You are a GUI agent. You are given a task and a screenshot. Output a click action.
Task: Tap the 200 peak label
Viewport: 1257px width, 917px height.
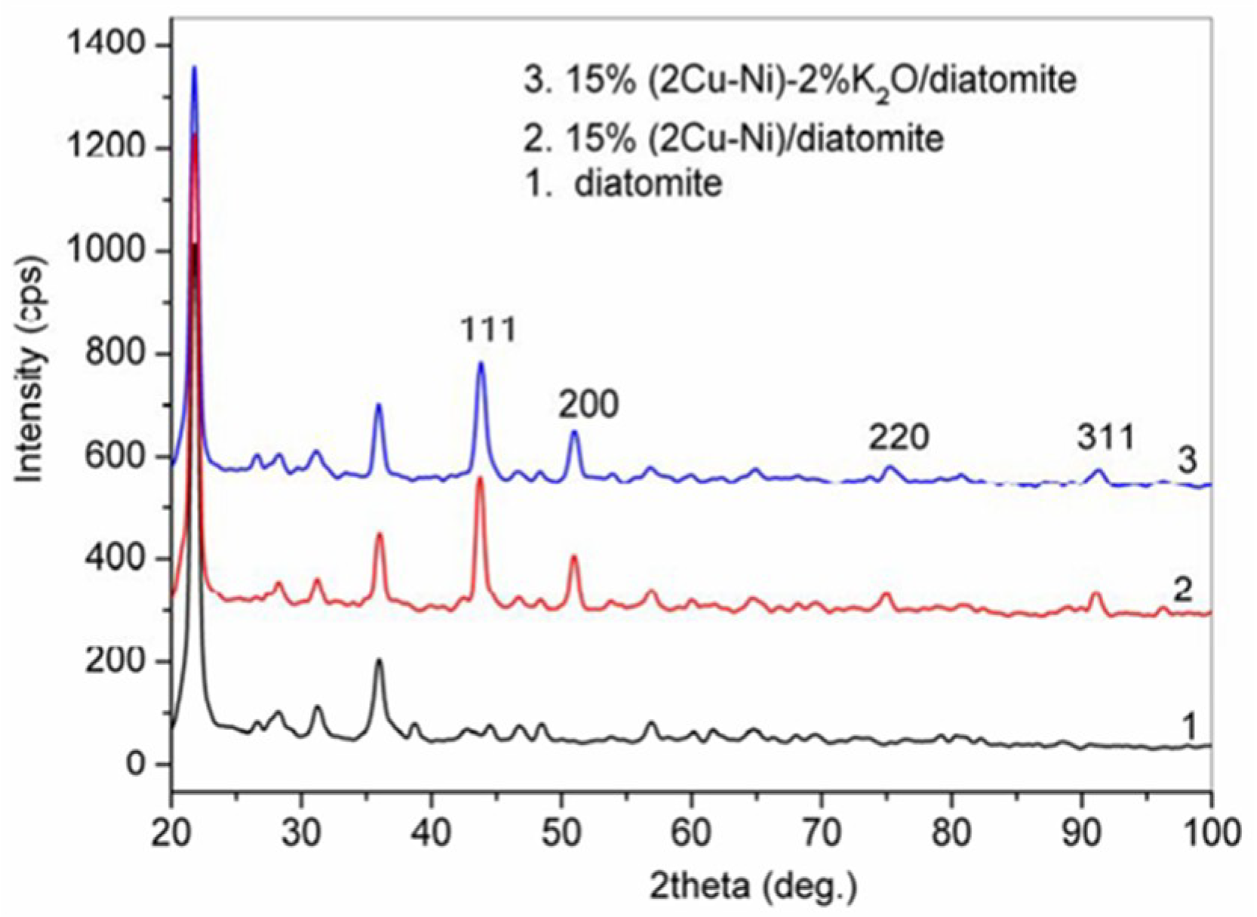tap(589, 405)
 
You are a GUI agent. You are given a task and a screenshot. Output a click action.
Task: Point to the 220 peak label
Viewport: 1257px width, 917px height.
tap(898, 437)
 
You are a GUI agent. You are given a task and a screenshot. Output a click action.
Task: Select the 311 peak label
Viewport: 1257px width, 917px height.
tap(1105, 437)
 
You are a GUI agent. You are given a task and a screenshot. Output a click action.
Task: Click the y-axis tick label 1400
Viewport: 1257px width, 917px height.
tap(106, 46)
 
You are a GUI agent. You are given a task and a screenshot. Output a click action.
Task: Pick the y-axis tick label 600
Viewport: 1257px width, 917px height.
tap(118, 457)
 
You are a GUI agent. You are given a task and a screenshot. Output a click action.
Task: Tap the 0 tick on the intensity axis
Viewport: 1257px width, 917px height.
tap(135, 764)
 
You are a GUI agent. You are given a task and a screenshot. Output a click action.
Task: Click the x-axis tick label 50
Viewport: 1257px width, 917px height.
tap(561, 833)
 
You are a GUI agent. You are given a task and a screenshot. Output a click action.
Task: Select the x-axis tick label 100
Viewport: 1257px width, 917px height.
tap(1210, 833)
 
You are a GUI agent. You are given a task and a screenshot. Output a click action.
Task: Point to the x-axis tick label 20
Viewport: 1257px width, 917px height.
tap(172, 833)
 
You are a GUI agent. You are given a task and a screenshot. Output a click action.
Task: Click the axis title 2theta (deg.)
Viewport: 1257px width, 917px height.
tap(755, 887)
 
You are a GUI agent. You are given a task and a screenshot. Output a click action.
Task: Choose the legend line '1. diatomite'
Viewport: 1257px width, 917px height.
tap(624, 183)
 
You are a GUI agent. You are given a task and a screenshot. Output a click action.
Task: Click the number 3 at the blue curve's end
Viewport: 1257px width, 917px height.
tap(1188, 460)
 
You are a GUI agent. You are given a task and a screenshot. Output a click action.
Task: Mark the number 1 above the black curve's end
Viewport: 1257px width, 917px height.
tap(1189, 728)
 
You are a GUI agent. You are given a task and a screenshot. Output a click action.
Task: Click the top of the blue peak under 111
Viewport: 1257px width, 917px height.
tap(481, 363)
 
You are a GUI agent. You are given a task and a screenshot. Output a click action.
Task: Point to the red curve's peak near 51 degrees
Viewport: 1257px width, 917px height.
tap(574, 556)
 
